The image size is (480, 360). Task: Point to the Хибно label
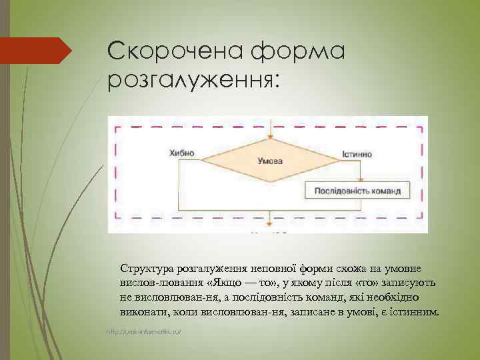click(182, 153)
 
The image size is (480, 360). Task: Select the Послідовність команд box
click(362, 191)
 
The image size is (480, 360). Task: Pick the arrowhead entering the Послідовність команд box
click(361, 178)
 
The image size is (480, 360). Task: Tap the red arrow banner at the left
click(40, 50)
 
